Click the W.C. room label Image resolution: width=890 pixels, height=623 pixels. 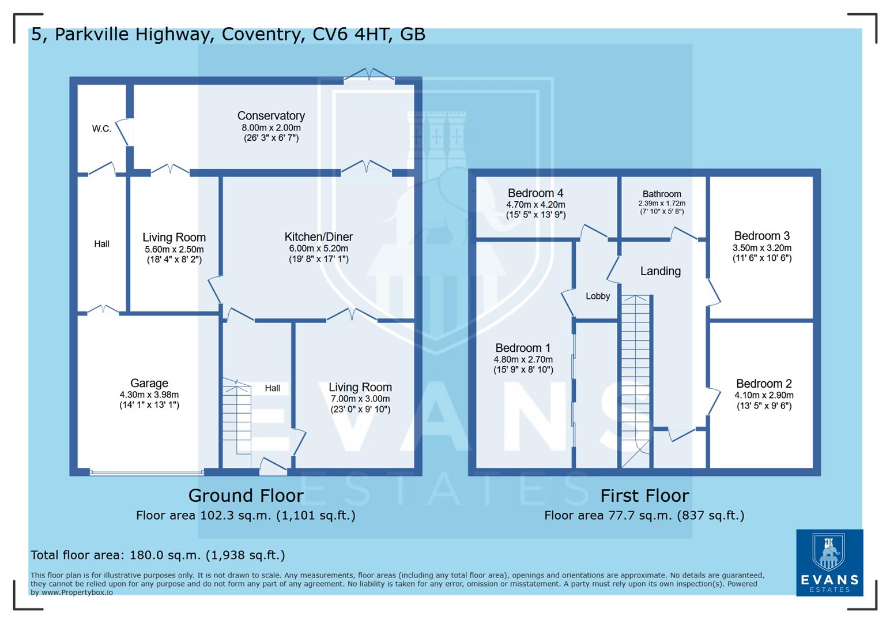pos(101,129)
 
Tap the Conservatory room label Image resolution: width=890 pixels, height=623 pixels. pos(271,116)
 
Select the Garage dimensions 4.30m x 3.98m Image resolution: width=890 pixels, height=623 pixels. pos(149,395)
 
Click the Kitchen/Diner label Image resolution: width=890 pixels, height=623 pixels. pos(318,237)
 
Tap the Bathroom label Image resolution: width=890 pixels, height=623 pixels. pos(662,194)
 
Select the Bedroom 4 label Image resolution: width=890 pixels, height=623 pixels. pos(535,193)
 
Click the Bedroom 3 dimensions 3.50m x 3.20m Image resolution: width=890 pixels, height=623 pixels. pos(761,248)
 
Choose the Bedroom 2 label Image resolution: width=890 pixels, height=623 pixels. pos(764,384)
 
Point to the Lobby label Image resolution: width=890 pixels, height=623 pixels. pos(598,296)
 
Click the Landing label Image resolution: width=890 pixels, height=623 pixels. pos(660,271)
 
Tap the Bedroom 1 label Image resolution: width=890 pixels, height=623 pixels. pos(523,348)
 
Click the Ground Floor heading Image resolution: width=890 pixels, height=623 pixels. pos(246,496)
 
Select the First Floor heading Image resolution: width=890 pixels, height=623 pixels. pos(644,496)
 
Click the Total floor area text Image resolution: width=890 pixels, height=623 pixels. pos(157,555)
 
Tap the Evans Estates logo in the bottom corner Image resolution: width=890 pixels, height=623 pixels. pos(829,562)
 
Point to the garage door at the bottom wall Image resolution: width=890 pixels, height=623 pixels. pos(146,472)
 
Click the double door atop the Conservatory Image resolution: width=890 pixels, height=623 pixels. pos(369,76)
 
